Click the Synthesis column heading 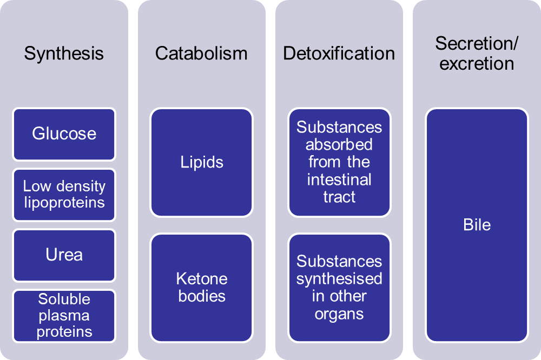64,54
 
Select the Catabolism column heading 201,54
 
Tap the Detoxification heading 339,54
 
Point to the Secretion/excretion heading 477,53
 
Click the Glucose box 64,134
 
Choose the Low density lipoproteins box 64,195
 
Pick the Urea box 64,255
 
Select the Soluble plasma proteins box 64,316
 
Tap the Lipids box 202,162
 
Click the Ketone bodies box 202,288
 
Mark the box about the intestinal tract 339,162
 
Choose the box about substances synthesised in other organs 339,288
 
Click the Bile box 477,225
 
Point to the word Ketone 202,279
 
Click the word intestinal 339,179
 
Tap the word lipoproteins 64,203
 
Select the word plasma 64,316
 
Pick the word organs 339,314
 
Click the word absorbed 339,145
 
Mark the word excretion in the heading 477,63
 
